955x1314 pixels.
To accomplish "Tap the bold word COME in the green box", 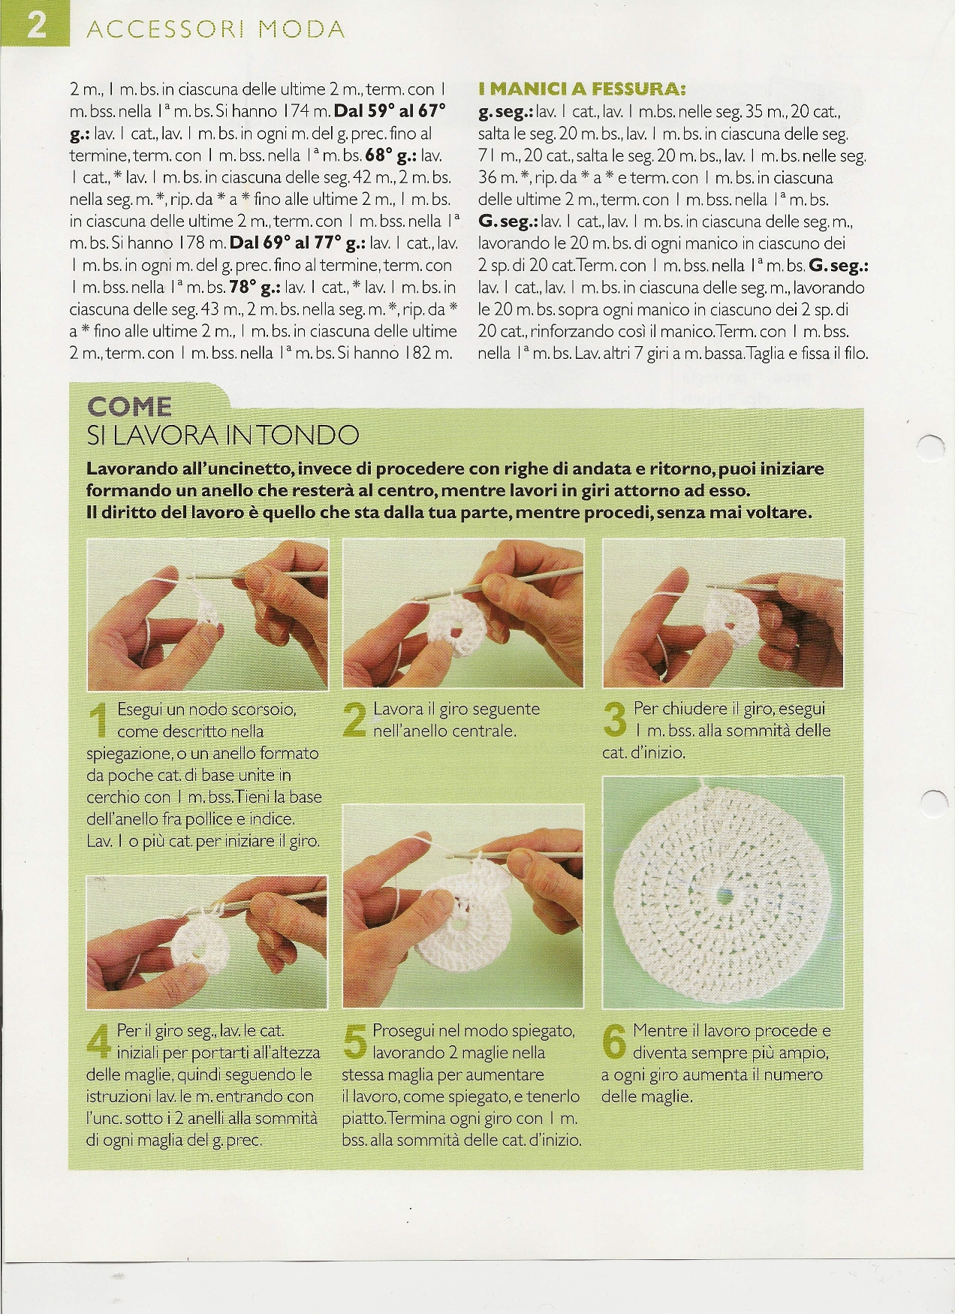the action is click(130, 407).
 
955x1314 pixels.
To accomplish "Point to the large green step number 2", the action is click(355, 720).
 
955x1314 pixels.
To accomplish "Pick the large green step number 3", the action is click(615, 720).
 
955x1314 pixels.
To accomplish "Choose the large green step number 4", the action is click(101, 1042).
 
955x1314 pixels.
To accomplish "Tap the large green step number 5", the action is click(354, 1042).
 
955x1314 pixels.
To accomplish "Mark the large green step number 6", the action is click(614, 1042).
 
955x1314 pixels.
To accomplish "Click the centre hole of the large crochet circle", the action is click(725, 895).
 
